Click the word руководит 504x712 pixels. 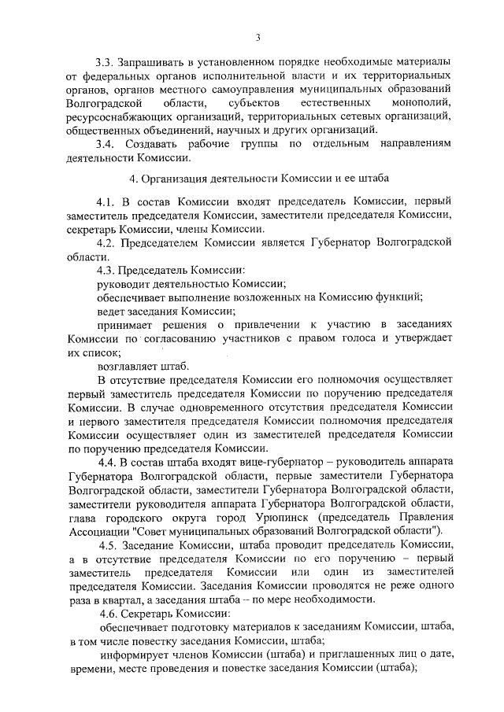click(123, 283)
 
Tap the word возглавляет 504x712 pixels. click(128, 367)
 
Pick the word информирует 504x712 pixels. click(132, 656)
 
